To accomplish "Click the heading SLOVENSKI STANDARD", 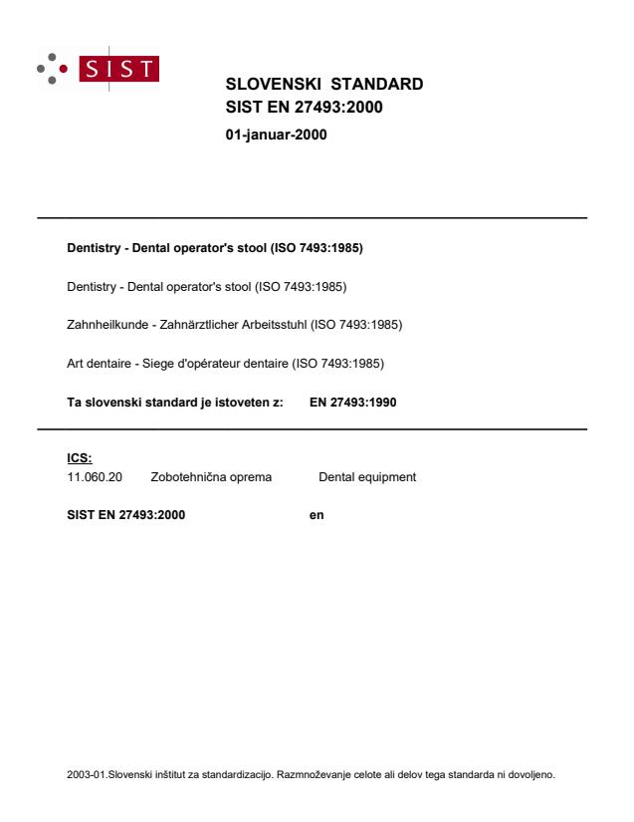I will click(324, 84).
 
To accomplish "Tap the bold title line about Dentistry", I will click(214, 248).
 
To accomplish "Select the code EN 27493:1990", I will click(354, 403).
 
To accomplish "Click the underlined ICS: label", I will click(79, 459).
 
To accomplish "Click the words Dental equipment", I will click(367, 477).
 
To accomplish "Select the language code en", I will click(317, 515).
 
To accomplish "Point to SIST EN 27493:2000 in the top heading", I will click(305, 108).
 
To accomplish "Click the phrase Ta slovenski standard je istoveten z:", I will click(174, 403).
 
